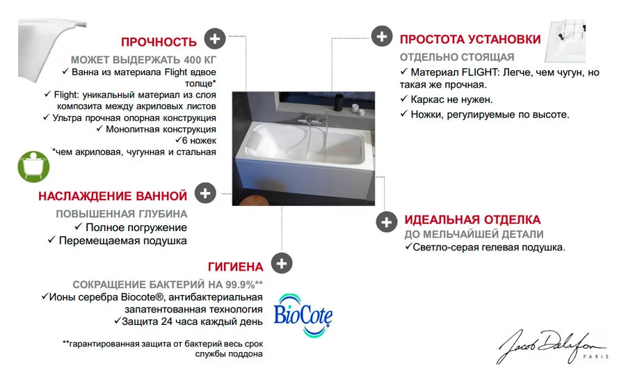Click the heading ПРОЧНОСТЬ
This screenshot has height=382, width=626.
[x=159, y=41]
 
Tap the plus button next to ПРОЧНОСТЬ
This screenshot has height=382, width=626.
[x=215, y=38]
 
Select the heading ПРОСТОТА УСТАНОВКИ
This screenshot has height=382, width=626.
[x=469, y=38]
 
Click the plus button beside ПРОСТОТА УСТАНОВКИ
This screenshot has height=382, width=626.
[x=381, y=36]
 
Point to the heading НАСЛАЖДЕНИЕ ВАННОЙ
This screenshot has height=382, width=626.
[x=113, y=196]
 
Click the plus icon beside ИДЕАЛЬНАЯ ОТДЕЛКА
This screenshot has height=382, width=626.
[x=386, y=222]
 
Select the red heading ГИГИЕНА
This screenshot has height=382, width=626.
[x=235, y=266]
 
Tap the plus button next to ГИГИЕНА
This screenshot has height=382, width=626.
[x=282, y=264]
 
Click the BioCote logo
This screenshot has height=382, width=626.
[x=303, y=314]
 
